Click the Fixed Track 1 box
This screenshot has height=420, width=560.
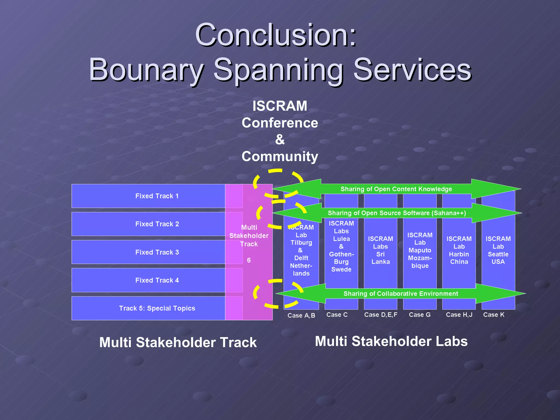click(x=157, y=196)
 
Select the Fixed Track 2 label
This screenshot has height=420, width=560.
click(x=157, y=224)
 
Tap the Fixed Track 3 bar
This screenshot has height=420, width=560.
click(x=157, y=252)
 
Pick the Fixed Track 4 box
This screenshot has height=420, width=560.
click(x=157, y=280)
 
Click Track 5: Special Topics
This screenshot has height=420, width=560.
click(x=157, y=308)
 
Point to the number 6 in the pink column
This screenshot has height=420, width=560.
click(x=249, y=260)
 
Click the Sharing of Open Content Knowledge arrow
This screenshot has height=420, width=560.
click(x=396, y=189)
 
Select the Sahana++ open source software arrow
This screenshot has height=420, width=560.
click(x=396, y=213)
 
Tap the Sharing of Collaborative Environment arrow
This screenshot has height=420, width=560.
click(x=401, y=294)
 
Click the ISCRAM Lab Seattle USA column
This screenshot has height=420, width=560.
click(x=498, y=250)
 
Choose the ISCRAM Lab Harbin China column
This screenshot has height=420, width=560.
click(x=459, y=250)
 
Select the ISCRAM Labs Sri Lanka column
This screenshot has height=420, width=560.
click(x=380, y=250)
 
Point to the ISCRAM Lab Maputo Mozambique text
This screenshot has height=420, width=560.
click(x=420, y=250)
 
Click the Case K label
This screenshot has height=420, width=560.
click(x=494, y=315)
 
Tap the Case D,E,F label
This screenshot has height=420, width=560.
click(x=380, y=315)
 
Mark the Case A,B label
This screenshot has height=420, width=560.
click(x=301, y=316)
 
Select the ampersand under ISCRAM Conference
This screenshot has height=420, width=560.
click(x=280, y=139)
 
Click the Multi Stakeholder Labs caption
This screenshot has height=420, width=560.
click(x=391, y=341)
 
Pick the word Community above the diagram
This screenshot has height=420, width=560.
click(x=280, y=156)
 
